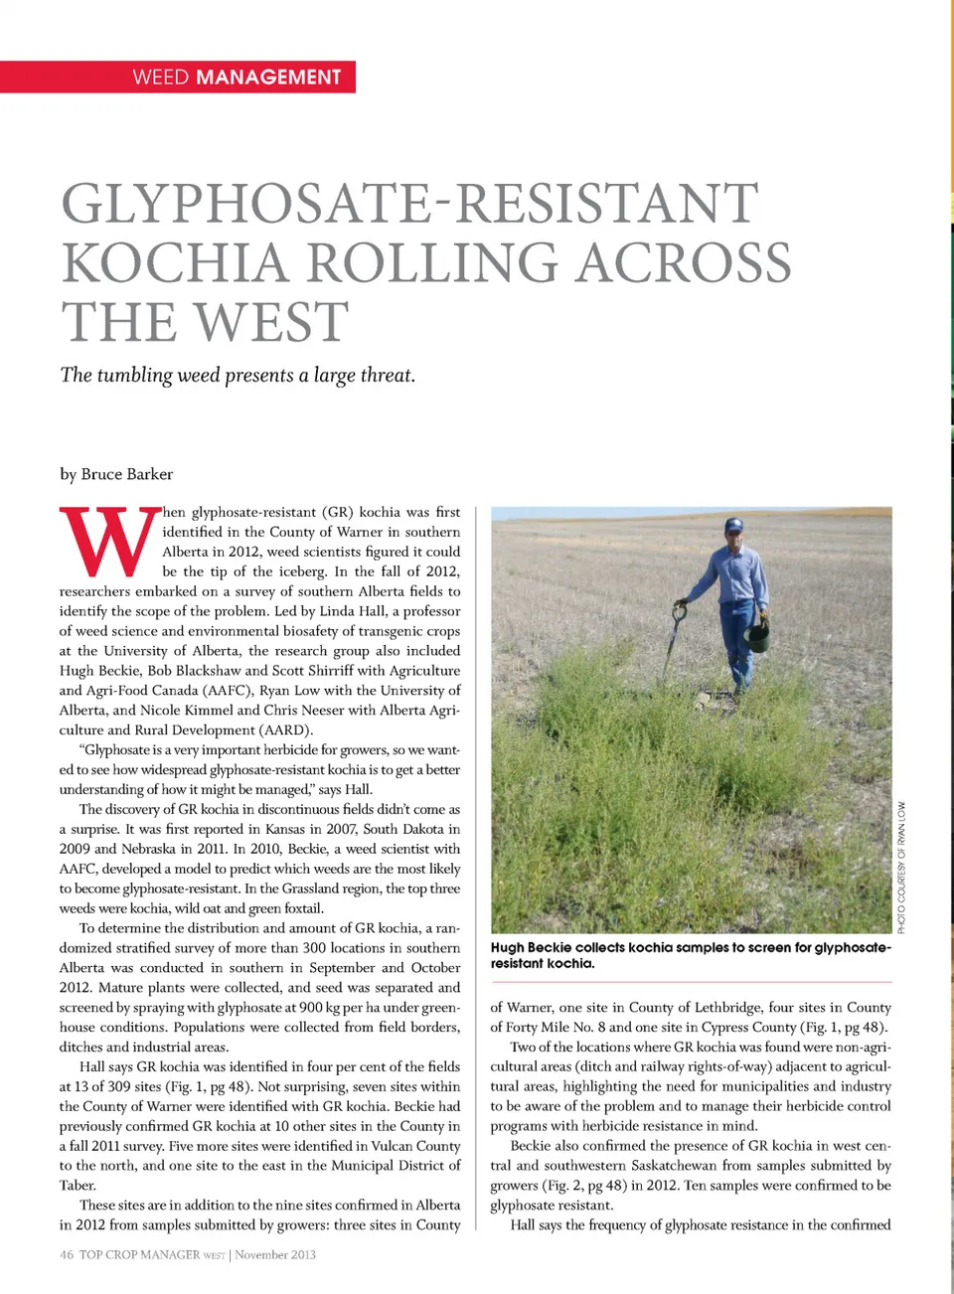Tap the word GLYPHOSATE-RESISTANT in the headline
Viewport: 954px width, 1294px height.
(x=410, y=203)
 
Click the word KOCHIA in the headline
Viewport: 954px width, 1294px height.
(x=175, y=263)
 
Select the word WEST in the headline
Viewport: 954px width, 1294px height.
(x=270, y=322)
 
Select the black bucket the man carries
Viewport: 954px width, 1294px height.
(x=757, y=634)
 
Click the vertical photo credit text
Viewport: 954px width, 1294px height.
(x=901, y=867)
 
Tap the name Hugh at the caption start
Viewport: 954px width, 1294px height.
(x=507, y=947)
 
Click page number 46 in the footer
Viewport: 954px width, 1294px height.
(x=67, y=1254)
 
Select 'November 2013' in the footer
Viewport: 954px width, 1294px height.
(x=275, y=1254)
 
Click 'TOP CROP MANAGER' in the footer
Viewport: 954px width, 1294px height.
(x=139, y=1254)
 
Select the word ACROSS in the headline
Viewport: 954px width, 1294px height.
(x=685, y=263)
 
